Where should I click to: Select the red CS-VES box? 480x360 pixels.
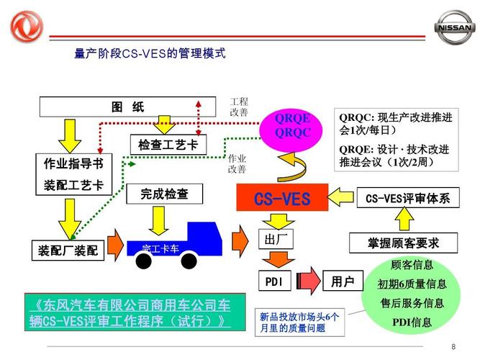pos(282,197)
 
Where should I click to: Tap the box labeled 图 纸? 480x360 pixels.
pos(127,107)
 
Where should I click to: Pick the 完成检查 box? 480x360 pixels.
pos(164,194)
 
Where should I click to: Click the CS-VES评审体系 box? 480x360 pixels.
pos(407,198)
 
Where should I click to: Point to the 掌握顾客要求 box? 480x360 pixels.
pos(403,243)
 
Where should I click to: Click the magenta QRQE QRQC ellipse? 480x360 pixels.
pos(292,127)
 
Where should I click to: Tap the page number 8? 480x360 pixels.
pos(453,347)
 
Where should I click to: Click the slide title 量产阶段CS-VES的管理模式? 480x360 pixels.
pos(150,53)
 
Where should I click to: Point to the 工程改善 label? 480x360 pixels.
pos(238,107)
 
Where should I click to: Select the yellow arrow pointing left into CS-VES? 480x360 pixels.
pos(342,197)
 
